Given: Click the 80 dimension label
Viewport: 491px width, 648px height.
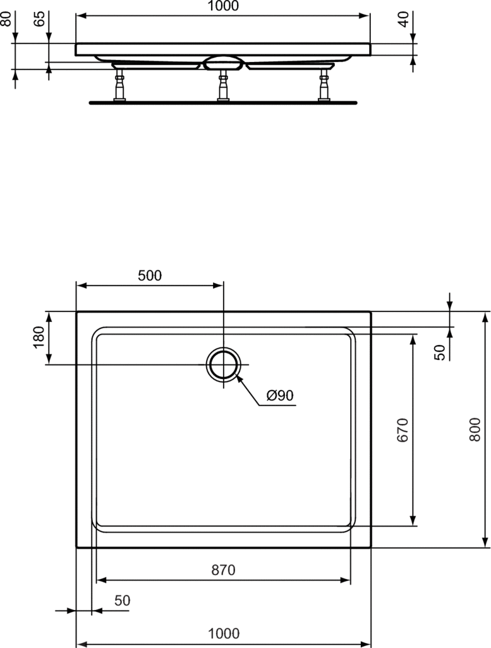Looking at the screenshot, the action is tap(6, 19).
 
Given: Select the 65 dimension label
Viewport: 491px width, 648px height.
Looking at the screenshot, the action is tap(40, 19).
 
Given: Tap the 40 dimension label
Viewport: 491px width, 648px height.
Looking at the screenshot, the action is tap(404, 19).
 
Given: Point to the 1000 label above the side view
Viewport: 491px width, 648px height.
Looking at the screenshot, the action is tap(223, 6).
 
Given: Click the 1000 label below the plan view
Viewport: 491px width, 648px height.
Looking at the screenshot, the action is tap(224, 633).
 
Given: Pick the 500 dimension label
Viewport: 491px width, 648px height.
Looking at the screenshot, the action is tap(150, 275).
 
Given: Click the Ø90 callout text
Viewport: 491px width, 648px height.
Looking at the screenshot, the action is tap(280, 396).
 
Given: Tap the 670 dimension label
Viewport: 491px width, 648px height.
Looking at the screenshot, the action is tap(403, 430).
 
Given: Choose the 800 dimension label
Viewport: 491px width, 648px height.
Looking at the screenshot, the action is tap(475, 430).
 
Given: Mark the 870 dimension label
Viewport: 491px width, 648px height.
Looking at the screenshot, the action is tap(223, 570).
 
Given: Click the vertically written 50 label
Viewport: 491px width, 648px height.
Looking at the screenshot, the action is tap(440, 352).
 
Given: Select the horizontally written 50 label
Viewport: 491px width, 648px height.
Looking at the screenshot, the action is tap(122, 600).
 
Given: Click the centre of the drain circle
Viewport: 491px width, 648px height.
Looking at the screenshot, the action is tap(224, 364).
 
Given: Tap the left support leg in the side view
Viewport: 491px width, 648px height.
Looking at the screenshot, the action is tap(120, 85).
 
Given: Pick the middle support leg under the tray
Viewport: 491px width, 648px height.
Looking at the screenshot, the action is tap(223, 85).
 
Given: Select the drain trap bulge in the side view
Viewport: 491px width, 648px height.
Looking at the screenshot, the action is tap(223, 63).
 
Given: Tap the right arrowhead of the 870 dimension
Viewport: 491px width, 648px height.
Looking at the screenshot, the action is tap(346, 580).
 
